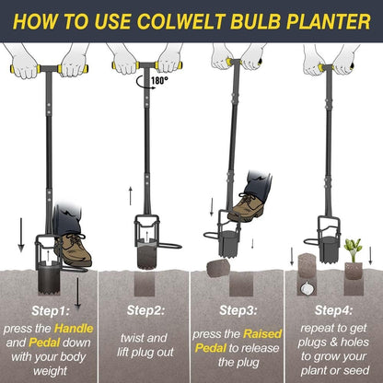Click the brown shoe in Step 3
[x=247, y=203]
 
